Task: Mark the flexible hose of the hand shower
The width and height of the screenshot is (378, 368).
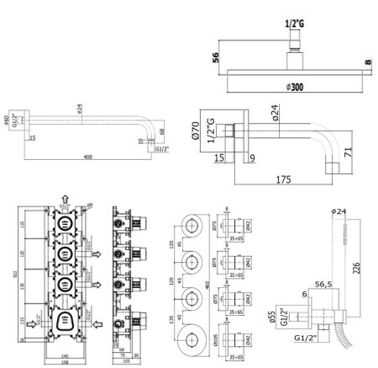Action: click(x=344, y=340)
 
